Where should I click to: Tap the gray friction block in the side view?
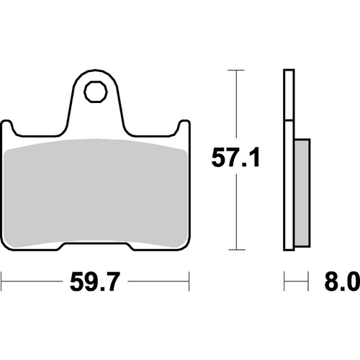[302, 190]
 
